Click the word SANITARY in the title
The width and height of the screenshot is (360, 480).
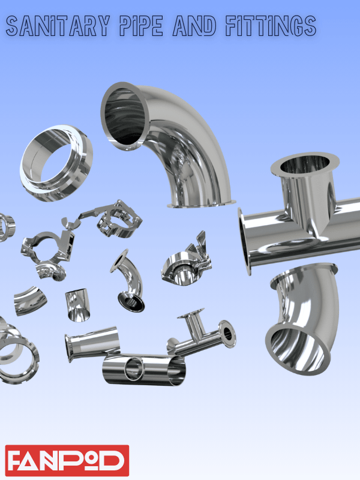click(58, 26)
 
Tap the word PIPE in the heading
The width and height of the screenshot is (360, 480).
click(141, 26)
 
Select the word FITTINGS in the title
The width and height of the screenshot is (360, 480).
click(271, 26)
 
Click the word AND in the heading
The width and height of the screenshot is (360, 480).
click(194, 26)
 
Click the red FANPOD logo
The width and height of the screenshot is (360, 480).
click(67, 460)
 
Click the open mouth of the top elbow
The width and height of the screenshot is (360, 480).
click(125, 116)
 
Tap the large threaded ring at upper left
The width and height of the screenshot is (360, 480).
click(56, 163)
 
